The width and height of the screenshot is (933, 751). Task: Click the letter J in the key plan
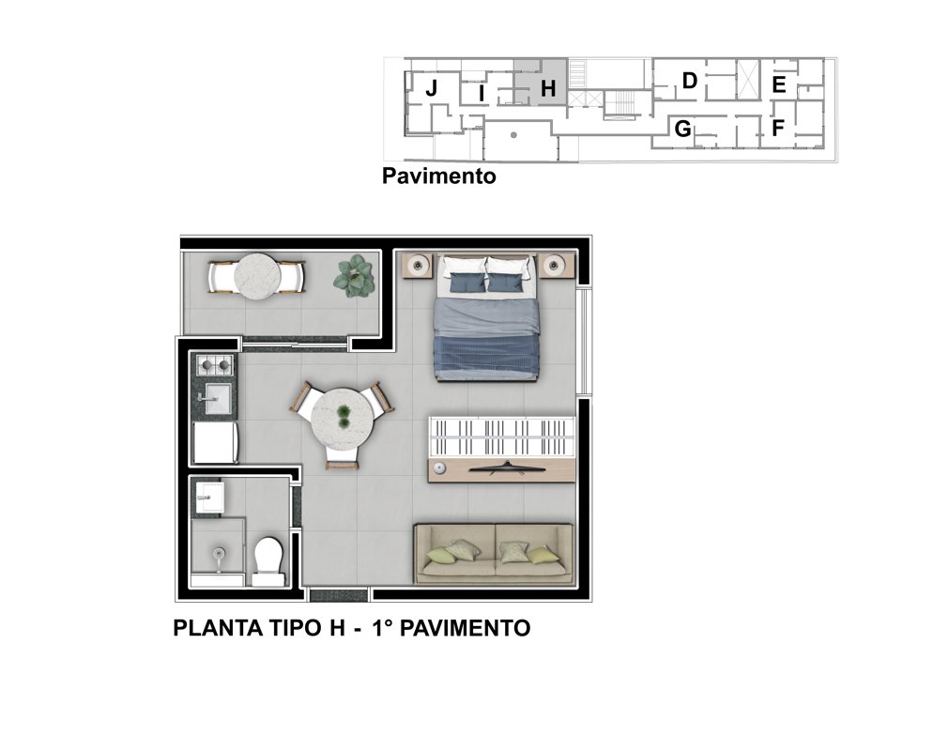[432, 88]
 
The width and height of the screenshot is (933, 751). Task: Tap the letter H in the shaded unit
[548, 88]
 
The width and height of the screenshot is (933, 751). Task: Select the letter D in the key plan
[689, 81]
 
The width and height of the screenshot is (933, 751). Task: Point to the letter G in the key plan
[682, 129]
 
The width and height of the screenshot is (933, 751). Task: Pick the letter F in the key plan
[778, 128]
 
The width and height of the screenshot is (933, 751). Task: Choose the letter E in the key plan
[779, 85]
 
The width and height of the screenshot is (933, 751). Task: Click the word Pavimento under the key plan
[439, 176]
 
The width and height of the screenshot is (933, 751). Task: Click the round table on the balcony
[257, 277]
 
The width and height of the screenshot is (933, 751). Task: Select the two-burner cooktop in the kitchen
[214, 364]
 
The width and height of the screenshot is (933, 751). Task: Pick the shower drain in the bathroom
[219, 554]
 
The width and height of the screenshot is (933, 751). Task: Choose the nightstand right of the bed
[557, 265]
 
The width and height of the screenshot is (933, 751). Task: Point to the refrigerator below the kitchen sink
[215, 442]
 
